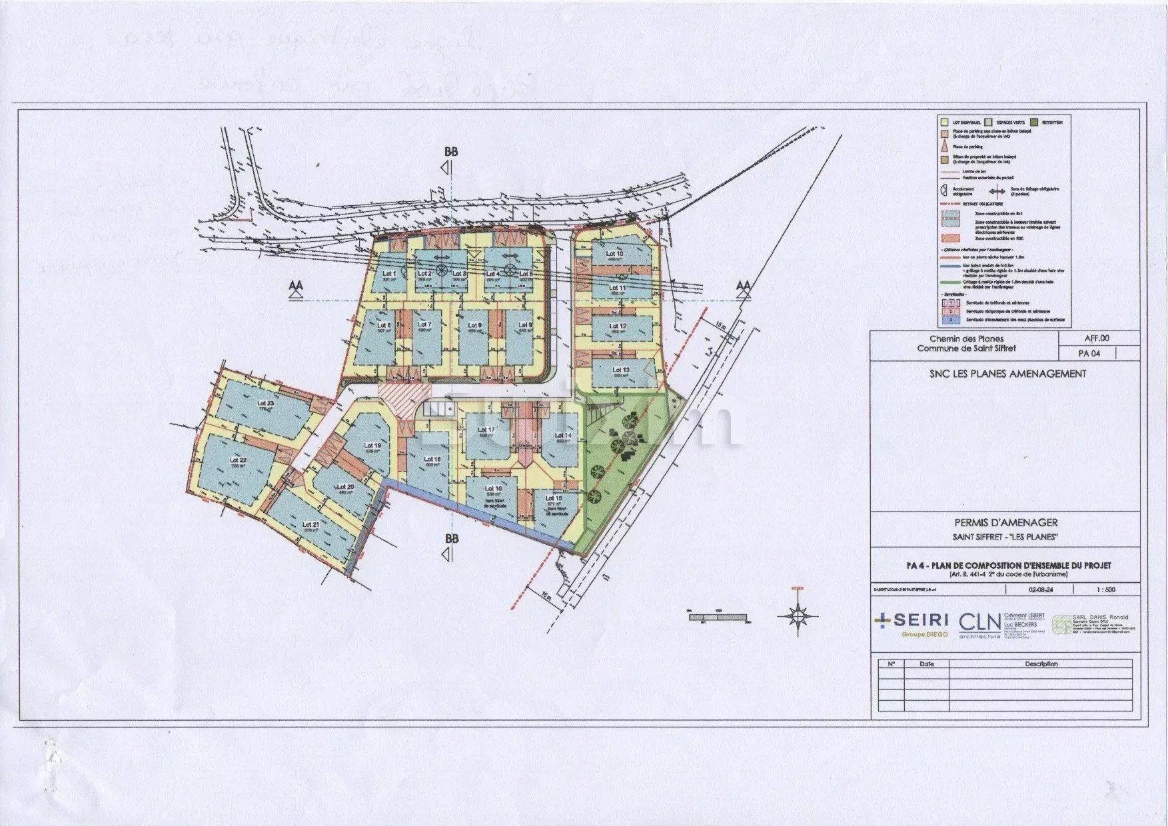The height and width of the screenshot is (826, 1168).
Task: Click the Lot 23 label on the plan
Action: [x=265, y=404]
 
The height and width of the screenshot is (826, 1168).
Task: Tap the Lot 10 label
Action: [x=614, y=254]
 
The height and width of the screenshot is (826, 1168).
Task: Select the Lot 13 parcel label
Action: [x=620, y=370]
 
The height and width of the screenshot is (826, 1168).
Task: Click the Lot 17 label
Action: [x=486, y=430]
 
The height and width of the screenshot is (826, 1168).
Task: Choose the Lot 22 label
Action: [x=238, y=460]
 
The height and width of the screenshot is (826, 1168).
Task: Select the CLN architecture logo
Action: [x=979, y=624]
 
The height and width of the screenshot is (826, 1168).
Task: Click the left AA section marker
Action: [x=296, y=286]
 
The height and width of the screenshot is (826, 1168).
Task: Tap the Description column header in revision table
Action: [x=1041, y=664]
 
